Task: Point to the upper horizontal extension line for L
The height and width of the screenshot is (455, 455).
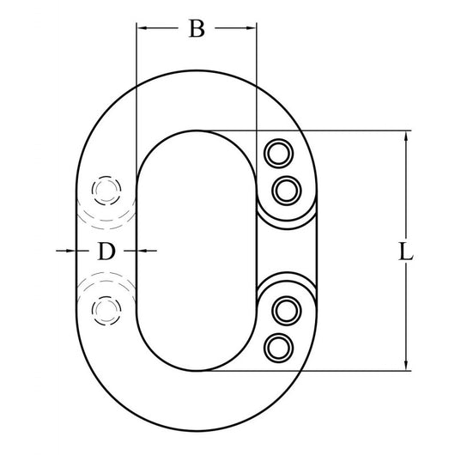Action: click(343, 130)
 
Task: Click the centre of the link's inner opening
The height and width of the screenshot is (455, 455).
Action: click(196, 251)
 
